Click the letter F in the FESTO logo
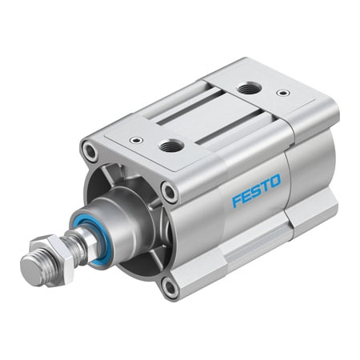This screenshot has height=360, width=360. [x=238, y=201]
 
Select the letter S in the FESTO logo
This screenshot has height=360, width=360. [x=257, y=193]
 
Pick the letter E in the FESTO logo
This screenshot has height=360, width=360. [x=247, y=197]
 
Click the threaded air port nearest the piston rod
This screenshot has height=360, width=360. [x=171, y=144]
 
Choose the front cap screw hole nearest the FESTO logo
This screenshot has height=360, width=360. [x=167, y=190]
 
